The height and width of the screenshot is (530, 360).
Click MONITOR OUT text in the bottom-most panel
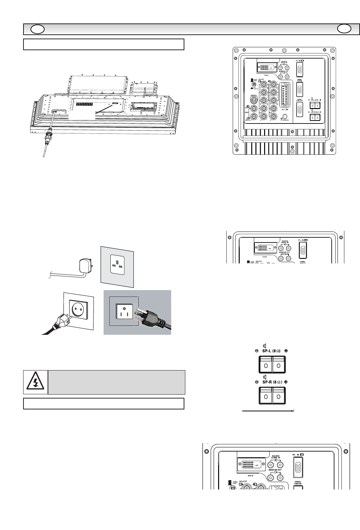(x=275, y=470)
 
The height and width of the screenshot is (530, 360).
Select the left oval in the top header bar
(x=37, y=30)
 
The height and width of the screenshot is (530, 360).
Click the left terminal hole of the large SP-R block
(x=266, y=397)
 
